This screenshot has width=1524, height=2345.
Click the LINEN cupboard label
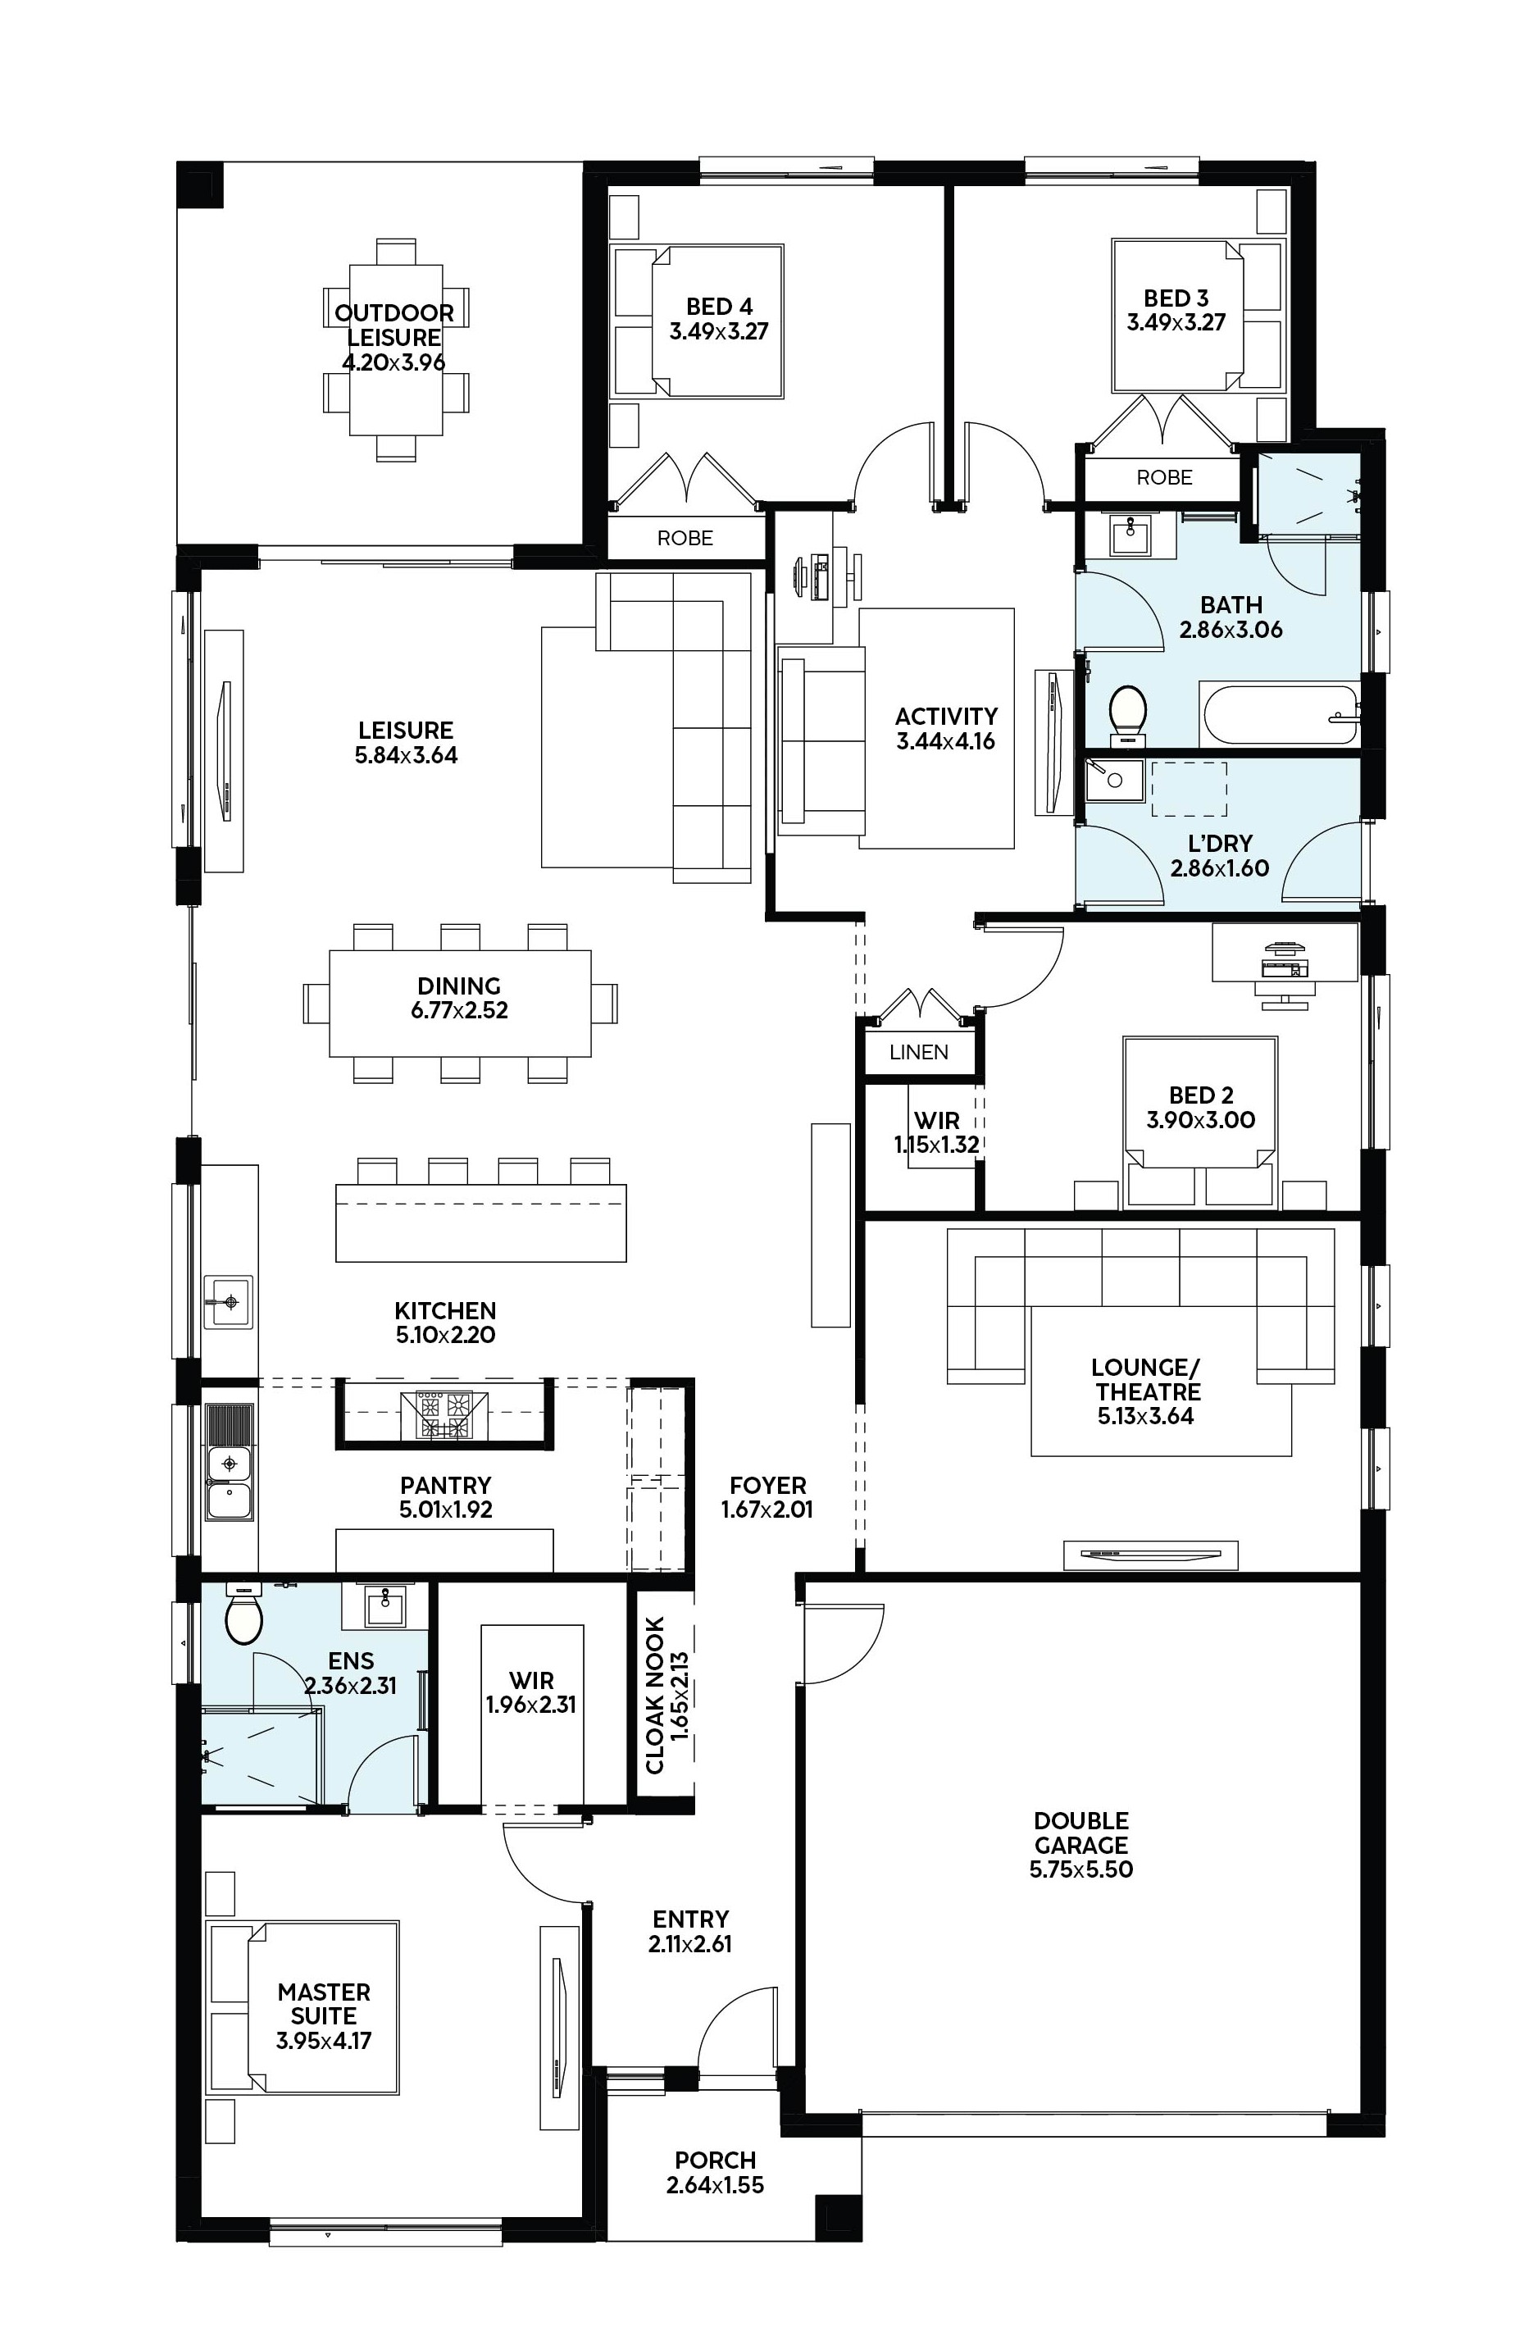918,1051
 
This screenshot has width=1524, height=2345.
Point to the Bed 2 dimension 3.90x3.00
1200,1119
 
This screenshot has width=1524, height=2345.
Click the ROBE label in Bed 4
685,538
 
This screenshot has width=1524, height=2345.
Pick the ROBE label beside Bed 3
1163,477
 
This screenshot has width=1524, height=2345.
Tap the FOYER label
767,1485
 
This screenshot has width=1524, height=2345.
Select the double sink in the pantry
229,1480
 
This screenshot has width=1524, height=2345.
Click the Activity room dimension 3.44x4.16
946,741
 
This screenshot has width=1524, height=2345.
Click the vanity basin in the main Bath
1129,535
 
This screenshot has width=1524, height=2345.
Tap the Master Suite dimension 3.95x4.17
323,2041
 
